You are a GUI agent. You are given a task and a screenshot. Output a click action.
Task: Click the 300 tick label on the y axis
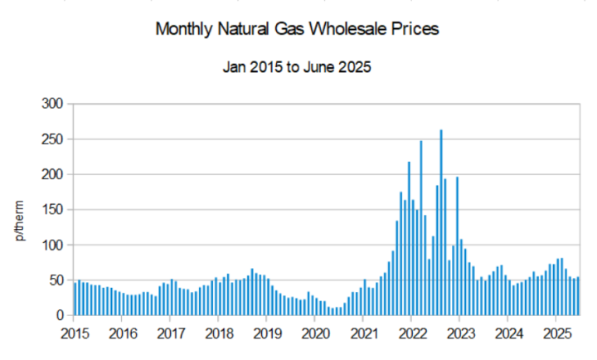coord(52,104)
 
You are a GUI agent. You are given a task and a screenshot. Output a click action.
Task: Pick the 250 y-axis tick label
coord(52,139)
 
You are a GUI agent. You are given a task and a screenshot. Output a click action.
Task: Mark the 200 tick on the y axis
coord(52,174)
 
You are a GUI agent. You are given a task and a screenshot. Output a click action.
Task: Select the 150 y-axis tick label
coord(52,210)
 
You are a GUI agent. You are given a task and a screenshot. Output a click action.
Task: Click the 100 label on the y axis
coord(52,246)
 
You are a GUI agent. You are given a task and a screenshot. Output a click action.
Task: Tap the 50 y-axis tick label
coord(56,280)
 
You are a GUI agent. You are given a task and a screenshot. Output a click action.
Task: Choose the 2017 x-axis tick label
coord(170,333)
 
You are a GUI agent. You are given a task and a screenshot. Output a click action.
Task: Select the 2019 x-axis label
coord(266,333)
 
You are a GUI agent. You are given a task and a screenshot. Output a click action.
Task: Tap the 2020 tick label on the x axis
coord(314,333)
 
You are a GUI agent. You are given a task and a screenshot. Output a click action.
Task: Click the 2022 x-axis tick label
coord(411,333)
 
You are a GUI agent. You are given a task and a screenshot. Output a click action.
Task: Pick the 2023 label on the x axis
coord(459,333)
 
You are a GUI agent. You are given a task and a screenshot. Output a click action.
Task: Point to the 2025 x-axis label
coord(556,333)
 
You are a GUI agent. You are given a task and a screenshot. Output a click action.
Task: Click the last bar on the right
coord(577,296)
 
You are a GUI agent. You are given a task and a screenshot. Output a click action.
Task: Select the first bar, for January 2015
coord(75,299)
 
